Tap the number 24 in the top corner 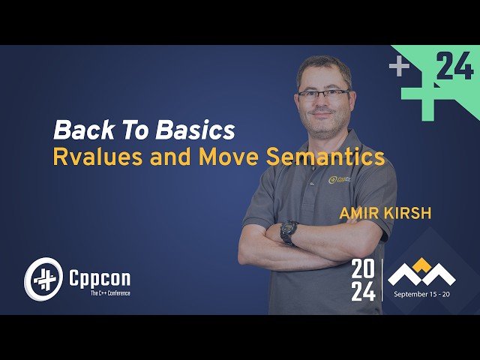[x=454, y=68]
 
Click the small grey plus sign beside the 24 [x=399, y=67]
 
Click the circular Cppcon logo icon [x=41, y=279]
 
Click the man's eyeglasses [x=322, y=94]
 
